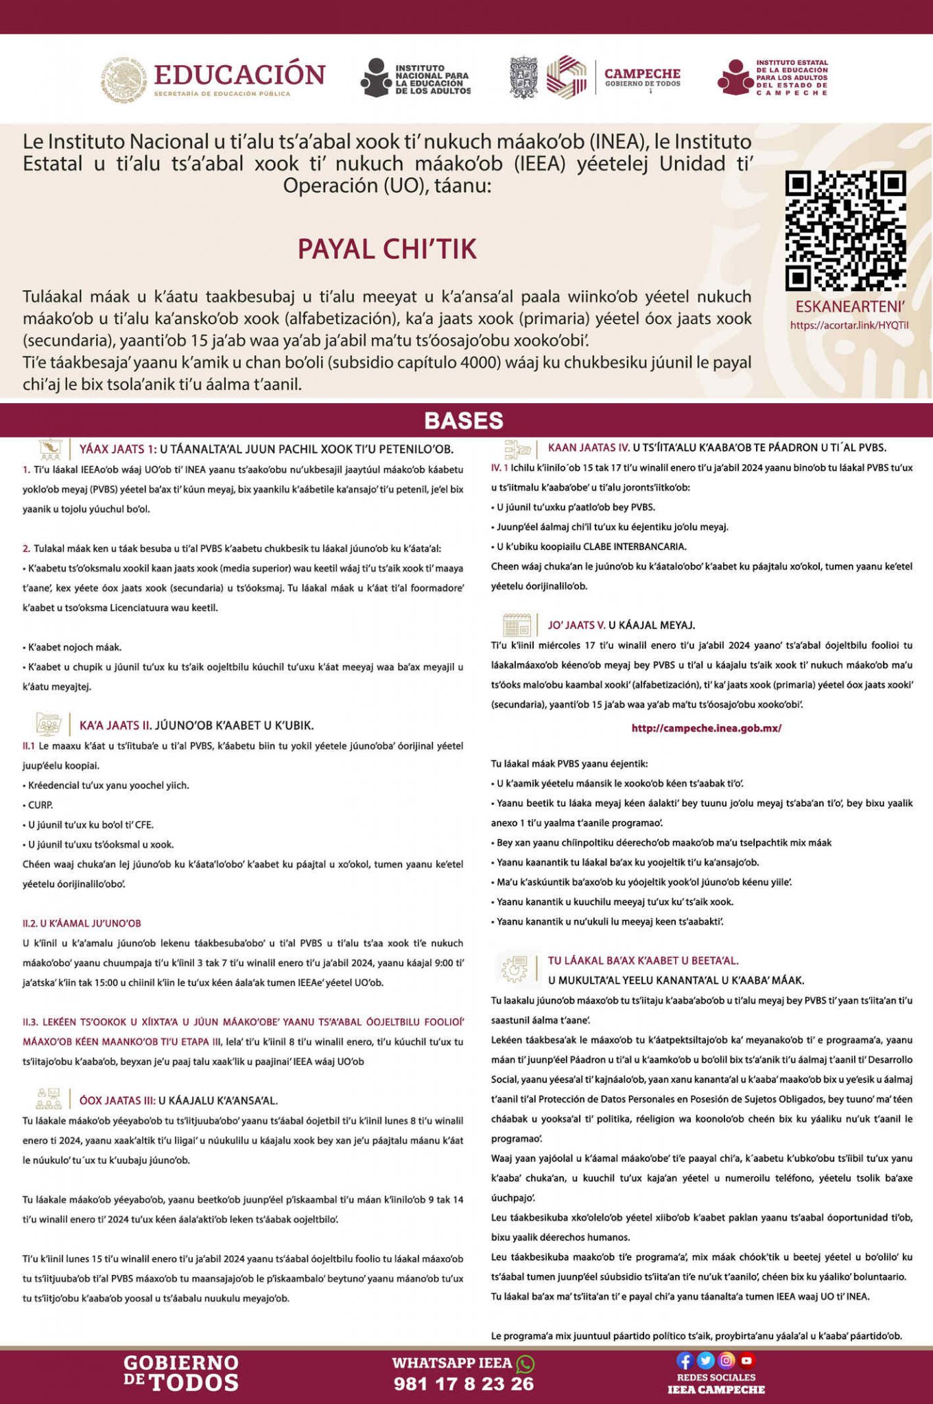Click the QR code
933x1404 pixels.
(845, 230)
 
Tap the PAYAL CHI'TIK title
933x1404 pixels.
(387, 249)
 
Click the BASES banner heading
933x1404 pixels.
(464, 420)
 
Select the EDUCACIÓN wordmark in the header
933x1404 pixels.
(239, 75)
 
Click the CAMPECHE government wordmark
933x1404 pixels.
(642, 74)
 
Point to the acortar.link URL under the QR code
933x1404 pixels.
(849, 325)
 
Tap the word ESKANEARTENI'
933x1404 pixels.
(849, 306)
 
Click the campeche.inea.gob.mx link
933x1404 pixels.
(706, 728)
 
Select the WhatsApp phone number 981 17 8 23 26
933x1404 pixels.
(464, 1383)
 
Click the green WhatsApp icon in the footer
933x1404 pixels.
(525, 1364)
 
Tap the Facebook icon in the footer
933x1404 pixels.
(685, 1361)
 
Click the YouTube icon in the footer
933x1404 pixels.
(746, 1361)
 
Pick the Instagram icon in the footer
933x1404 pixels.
(727, 1361)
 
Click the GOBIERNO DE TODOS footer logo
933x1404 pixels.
(181, 1372)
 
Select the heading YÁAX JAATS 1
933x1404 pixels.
(117, 450)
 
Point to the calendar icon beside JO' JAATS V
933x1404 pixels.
(517, 625)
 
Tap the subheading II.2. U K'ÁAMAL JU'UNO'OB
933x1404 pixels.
(82, 923)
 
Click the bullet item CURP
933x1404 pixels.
(40, 805)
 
